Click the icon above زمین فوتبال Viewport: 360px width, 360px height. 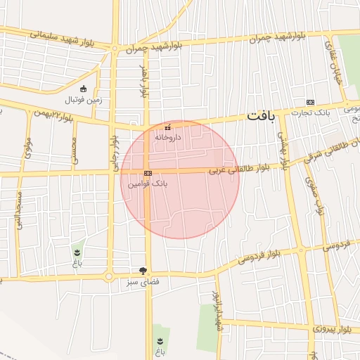[84, 89]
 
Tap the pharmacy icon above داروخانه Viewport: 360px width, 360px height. [167, 128]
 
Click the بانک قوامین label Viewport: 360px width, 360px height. [148, 183]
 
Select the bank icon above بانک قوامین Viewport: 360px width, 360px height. [148, 173]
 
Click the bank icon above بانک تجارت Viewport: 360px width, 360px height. [311, 102]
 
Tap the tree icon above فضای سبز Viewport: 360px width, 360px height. [143, 271]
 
